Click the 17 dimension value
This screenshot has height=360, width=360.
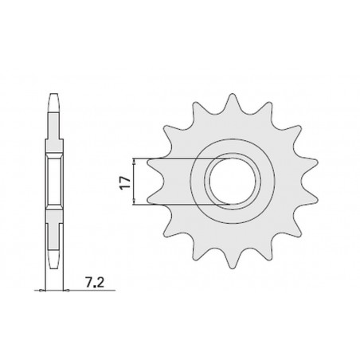click(x=125, y=182)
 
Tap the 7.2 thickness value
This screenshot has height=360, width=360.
click(x=95, y=282)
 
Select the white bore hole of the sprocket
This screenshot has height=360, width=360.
click(x=233, y=181)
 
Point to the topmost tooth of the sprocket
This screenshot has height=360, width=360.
click(x=233, y=101)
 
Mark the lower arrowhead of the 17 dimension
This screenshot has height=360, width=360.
click(x=135, y=201)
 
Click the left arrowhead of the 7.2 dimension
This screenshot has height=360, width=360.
click(x=42, y=291)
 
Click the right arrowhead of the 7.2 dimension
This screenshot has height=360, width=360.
click(x=66, y=291)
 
